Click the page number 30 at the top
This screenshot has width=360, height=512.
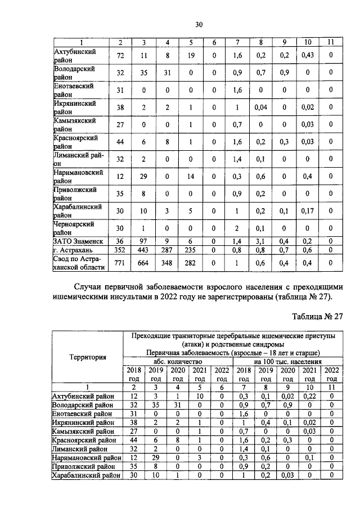tap(199, 24)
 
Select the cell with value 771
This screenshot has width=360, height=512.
tap(119, 263)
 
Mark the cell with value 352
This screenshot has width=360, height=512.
tap(119, 249)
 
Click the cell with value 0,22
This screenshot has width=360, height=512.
tap(308, 398)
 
